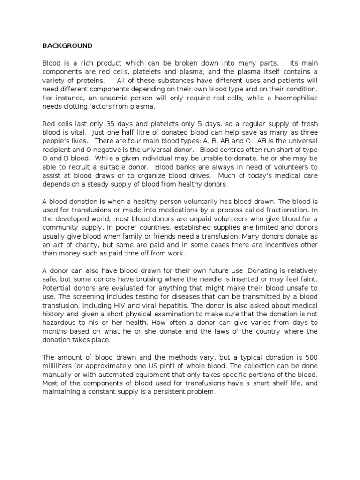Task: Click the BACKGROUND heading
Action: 67,46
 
